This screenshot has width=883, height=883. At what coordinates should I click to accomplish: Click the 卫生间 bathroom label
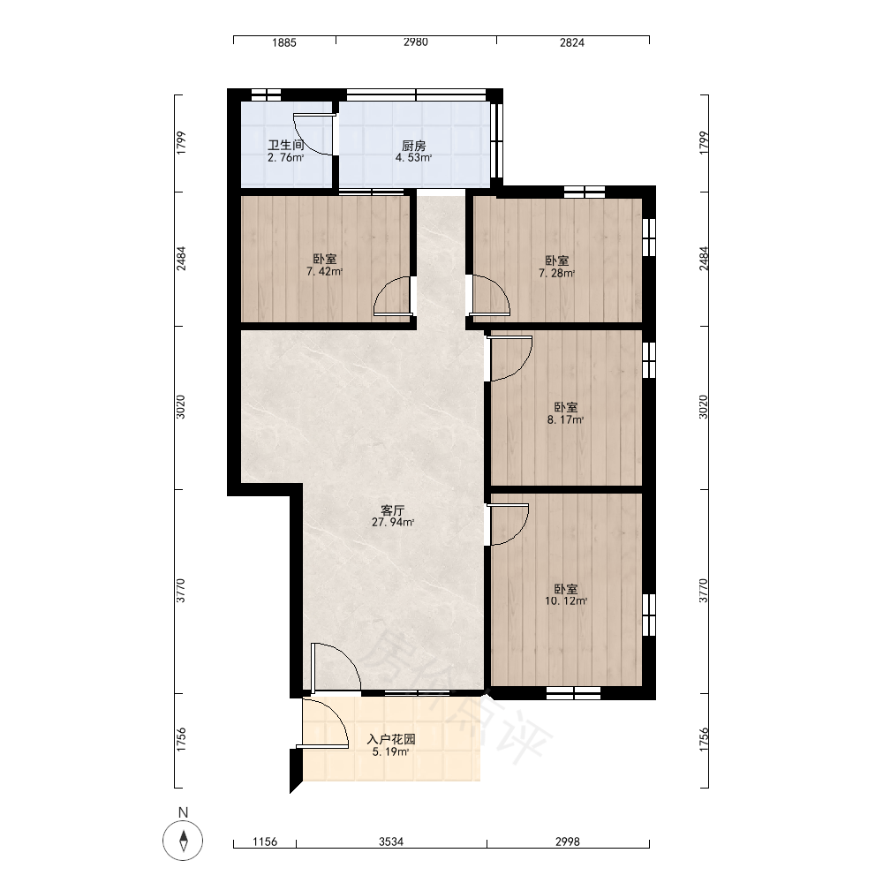(x=286, y=146)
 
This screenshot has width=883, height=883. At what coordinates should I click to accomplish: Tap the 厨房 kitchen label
(x=413, y=146)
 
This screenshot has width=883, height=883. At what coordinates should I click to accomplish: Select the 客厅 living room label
(x=393, y=510)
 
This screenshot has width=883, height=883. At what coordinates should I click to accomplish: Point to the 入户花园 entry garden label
(x=391, y=739)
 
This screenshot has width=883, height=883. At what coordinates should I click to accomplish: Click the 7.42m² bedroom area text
(x=324, y=271)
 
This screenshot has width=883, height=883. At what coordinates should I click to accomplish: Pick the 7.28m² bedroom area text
(x=556, y=273)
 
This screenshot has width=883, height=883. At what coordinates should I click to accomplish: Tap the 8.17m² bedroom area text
(x=565, y=419)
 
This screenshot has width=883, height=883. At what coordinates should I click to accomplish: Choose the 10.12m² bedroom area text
(x=566, y=600)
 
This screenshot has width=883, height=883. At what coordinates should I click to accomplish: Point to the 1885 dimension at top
(x=283, y=42)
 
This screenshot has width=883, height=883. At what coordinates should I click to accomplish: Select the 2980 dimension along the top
(x=416, y=42)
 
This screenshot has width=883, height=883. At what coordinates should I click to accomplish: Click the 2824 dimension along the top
(x=572, y=42)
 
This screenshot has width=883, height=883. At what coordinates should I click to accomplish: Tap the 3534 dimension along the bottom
(x=391, y=841)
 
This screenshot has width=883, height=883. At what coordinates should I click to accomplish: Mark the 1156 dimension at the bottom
(x=265, y=841)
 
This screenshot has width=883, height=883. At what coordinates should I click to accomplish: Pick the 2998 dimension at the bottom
(x=567, y=841)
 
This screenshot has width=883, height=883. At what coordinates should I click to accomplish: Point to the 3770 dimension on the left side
(x=181, y=591)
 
